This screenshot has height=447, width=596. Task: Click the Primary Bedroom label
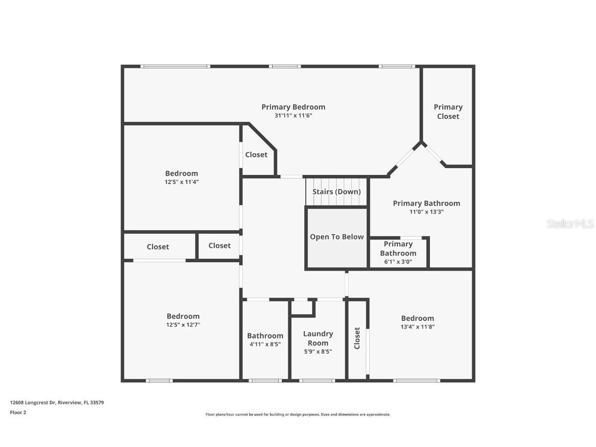[x=293, y=107]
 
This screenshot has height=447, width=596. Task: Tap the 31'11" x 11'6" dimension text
[x=293, y=116]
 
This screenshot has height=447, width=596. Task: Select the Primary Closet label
[x=448, y=112]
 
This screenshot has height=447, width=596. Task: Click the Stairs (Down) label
[x=336, y=192]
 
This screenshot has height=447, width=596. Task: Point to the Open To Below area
[x=337, y=237]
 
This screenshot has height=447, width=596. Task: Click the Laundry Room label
[x=318, y=338]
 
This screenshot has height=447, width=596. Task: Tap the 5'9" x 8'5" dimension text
[x=318, y=352]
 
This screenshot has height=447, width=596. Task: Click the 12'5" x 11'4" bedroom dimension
[x=182, y=182]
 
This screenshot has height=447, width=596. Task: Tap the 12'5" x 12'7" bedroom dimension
[x=183, y=325]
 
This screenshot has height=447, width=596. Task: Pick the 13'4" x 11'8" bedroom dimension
[x=418, y=327]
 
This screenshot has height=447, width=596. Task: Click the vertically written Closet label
[x=357, y=338]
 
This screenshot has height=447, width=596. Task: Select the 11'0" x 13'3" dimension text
[x=426, y=212]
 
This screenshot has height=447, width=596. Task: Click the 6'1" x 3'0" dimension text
[x=398, y=262]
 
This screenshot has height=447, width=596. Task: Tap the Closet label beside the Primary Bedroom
[x=256, y=155]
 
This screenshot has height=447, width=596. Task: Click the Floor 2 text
[x=18, y=413]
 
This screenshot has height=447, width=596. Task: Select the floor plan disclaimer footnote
[x=298, y=414]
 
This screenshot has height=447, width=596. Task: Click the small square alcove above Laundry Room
[x=302, y=307]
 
